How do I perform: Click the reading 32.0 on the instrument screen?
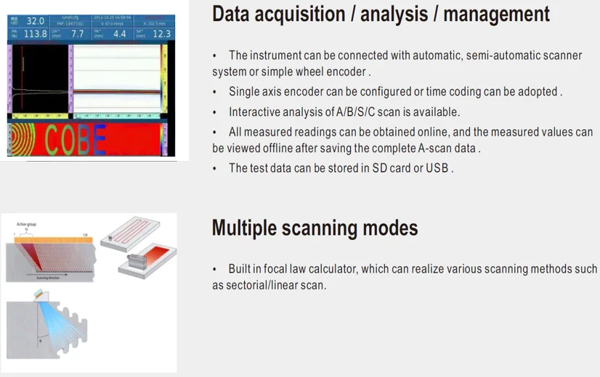point(34,21)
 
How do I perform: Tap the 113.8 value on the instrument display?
point(36,34)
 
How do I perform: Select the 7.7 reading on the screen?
point(77,34)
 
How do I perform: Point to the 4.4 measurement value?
point(119,34)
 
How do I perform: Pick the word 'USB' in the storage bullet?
point(437,167)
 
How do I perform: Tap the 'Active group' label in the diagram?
point(26,225)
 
